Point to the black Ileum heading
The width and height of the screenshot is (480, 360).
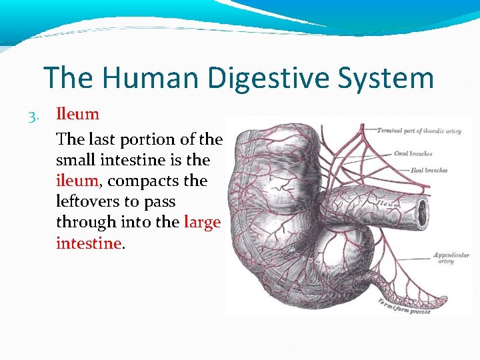click(x=77, y=114)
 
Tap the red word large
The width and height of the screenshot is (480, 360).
click(x=201, y=222)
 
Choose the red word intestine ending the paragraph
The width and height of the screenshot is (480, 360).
click(x=89, y=243)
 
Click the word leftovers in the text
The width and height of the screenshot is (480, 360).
click(x=89, y=201)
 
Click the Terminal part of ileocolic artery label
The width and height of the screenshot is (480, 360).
click(x=419, y=131)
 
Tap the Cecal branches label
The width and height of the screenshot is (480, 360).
click(x=413, y=153)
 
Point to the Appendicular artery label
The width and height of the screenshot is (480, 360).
click(x=451, y=258)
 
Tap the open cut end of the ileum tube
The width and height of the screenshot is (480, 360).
click(x=423, y=212)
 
